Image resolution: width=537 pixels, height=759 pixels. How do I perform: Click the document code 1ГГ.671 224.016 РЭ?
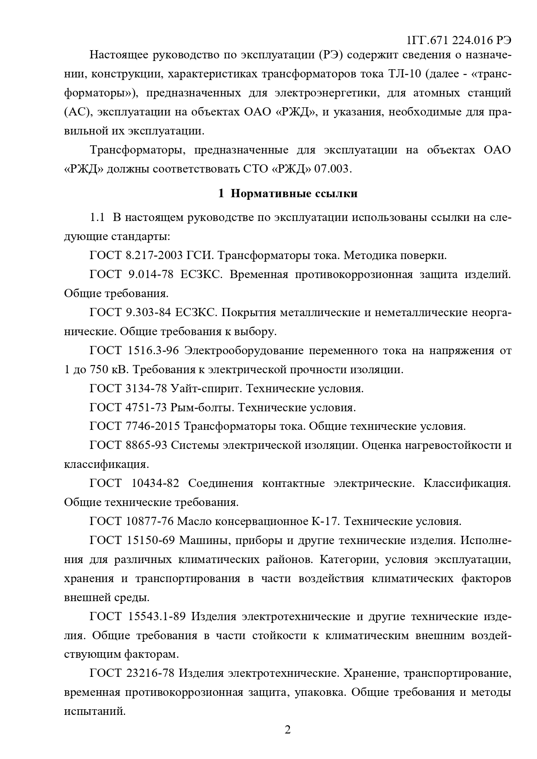(459, 41)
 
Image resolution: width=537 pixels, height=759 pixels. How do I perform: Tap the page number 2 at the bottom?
(287, 730)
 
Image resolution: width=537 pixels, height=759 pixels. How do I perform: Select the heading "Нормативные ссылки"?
(294, 194)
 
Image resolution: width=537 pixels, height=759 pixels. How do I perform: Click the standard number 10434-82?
(155, 484)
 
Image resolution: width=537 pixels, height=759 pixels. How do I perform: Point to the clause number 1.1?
(97, 218)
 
